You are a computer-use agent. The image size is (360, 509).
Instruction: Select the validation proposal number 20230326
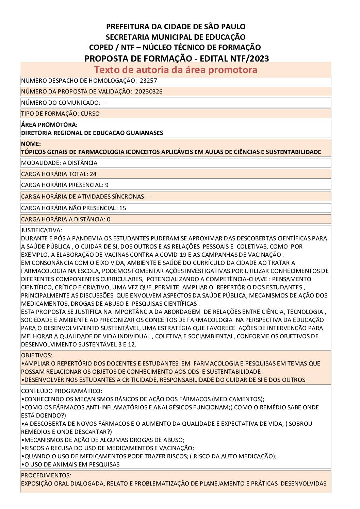148,91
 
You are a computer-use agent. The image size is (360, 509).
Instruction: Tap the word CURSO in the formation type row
90,114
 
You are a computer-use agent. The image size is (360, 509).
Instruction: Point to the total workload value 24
93,174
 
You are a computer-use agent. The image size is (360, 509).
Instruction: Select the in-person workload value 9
107,185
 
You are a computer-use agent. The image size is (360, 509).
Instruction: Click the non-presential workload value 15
122,208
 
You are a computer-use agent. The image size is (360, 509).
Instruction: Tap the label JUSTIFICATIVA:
42,230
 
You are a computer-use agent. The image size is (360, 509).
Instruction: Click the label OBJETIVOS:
37,355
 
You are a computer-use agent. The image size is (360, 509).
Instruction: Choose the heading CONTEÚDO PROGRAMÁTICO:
61,391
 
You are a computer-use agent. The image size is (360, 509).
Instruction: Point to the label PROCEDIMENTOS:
46,475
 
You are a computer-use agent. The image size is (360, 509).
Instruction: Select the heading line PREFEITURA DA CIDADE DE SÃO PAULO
176,27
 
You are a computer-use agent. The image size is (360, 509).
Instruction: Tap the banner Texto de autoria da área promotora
176,70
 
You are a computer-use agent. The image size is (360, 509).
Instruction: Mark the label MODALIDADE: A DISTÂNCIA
59,163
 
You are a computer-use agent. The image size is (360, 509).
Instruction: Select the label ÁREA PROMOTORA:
49,125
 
